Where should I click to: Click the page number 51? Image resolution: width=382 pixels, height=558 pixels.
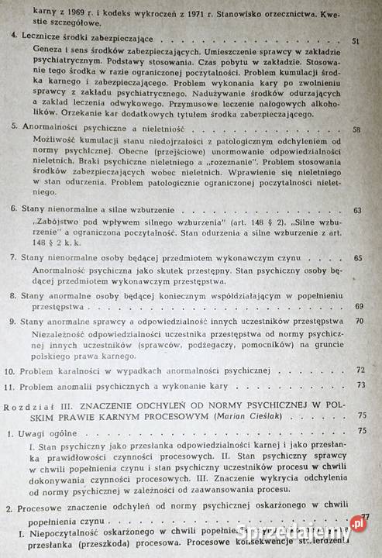coord(355,41)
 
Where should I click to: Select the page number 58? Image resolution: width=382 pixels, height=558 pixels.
coord(356,129)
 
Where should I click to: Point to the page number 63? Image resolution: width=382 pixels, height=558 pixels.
coord(357,211)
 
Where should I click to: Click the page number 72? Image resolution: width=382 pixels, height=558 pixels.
coord(360,370)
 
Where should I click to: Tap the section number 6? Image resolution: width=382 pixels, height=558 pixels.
coord(11,209)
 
